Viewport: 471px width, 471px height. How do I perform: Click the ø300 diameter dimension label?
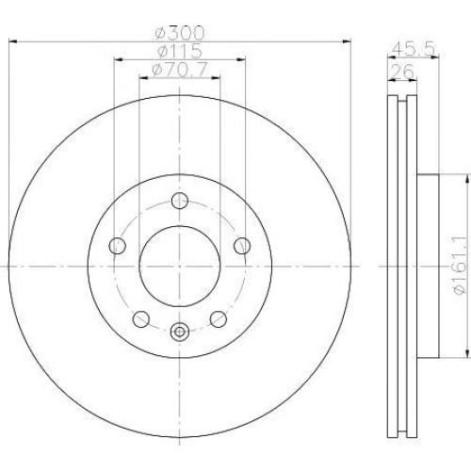coord(180,33)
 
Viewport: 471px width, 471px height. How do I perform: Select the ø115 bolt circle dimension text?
coord(180,51)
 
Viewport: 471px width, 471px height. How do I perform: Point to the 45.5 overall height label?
coord(414,49)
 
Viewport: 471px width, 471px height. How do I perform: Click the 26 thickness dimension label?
coord(403,72)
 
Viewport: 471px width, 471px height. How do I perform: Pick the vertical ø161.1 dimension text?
coord(459,266)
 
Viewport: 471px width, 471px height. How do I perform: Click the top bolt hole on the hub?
coord(180,201)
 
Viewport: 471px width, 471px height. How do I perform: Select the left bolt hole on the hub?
coord(118,246)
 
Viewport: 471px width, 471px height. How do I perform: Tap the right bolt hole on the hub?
coord(242,246)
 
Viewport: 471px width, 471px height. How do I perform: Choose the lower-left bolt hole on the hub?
coord(141,319)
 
